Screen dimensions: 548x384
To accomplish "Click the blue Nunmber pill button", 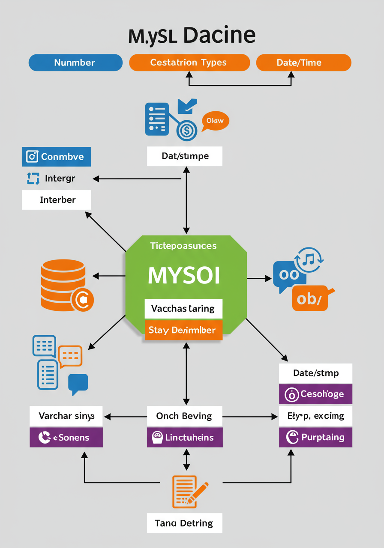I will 75,63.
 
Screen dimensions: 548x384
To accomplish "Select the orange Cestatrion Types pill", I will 189,63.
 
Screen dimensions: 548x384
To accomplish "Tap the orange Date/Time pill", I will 303,63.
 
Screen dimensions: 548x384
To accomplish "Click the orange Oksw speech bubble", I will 215,121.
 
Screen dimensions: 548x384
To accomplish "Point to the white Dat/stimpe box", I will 185,156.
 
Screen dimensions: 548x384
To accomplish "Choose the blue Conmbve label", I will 56,157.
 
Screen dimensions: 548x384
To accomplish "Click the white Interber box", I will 56,200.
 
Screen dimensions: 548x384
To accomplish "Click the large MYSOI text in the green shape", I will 184,276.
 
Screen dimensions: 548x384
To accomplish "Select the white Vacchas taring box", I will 184,308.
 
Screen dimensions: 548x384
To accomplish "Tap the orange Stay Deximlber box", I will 184,330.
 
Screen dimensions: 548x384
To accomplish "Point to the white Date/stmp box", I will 315,373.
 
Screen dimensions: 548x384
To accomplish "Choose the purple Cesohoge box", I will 315,394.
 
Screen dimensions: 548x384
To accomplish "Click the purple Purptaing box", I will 315,437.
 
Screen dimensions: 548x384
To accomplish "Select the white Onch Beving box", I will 185,416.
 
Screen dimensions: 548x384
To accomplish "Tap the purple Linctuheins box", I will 185,437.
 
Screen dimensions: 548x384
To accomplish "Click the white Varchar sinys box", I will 66,416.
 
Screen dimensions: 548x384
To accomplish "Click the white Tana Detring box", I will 185,523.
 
